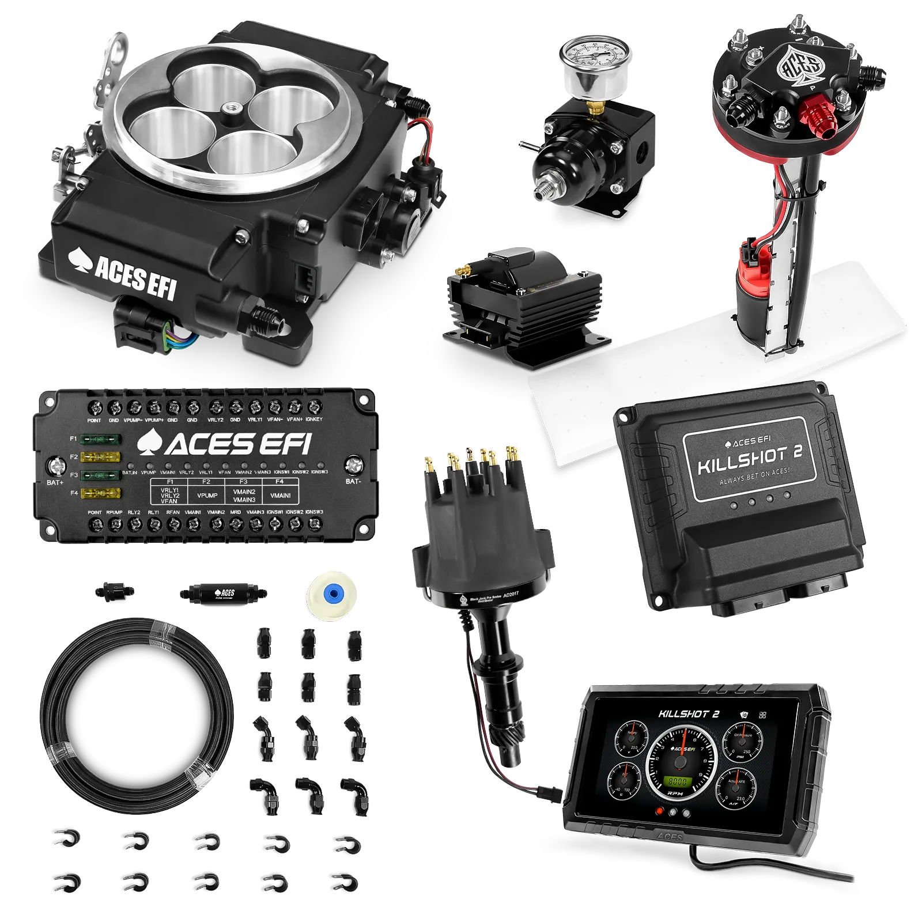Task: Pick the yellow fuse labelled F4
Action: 101,493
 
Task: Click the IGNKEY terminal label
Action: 314,420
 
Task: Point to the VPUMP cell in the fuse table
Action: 207,496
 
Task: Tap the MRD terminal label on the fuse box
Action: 236,512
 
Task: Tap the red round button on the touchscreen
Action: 660,811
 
